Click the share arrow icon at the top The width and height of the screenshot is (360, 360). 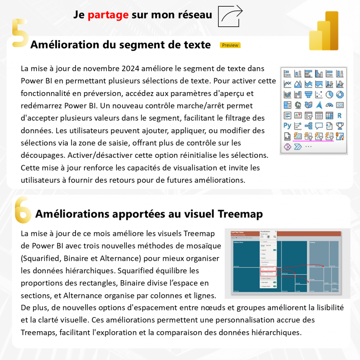click(231, 16)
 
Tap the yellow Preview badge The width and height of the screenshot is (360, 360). click(230, 45)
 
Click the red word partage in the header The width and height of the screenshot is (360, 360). click(108, 15)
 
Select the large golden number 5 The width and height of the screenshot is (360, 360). click(20, 33)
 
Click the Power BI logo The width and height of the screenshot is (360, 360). click(324, 32)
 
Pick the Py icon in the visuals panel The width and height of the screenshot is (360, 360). click(288, 126)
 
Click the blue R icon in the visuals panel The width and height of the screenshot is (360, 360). click(339, 115)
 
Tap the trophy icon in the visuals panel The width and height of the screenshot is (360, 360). click(340, 126)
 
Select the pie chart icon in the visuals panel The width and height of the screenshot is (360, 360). click(329, 95)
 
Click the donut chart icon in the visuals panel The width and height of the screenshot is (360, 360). click(340, 95)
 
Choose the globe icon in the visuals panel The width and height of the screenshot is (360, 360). click(298, 105)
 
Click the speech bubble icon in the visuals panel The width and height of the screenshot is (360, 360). click(319, 126)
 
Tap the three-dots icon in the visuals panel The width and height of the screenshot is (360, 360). click(308, 146)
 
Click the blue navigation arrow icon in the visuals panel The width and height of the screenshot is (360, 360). click(319, 105)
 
